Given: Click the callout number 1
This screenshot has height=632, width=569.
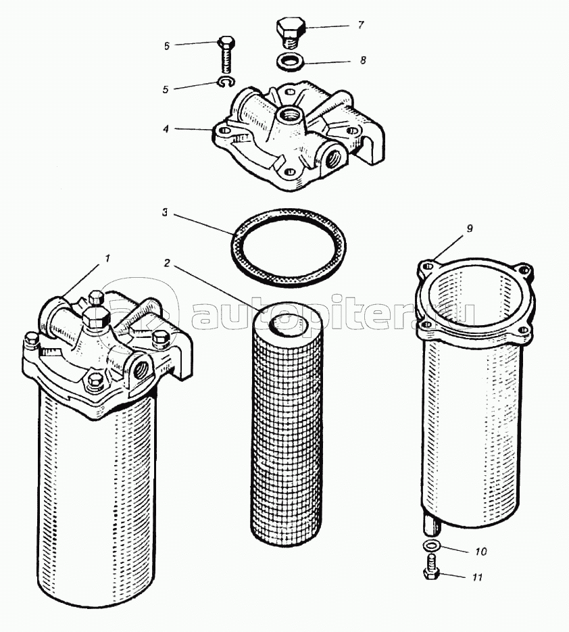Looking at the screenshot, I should [106, 258].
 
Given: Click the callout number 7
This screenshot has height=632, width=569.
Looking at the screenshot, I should [361, 26].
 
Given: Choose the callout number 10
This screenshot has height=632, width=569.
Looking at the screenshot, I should [480, 552].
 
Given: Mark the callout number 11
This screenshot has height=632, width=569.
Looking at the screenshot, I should [478, 577].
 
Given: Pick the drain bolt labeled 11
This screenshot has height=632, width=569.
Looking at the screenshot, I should [430, 568].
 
